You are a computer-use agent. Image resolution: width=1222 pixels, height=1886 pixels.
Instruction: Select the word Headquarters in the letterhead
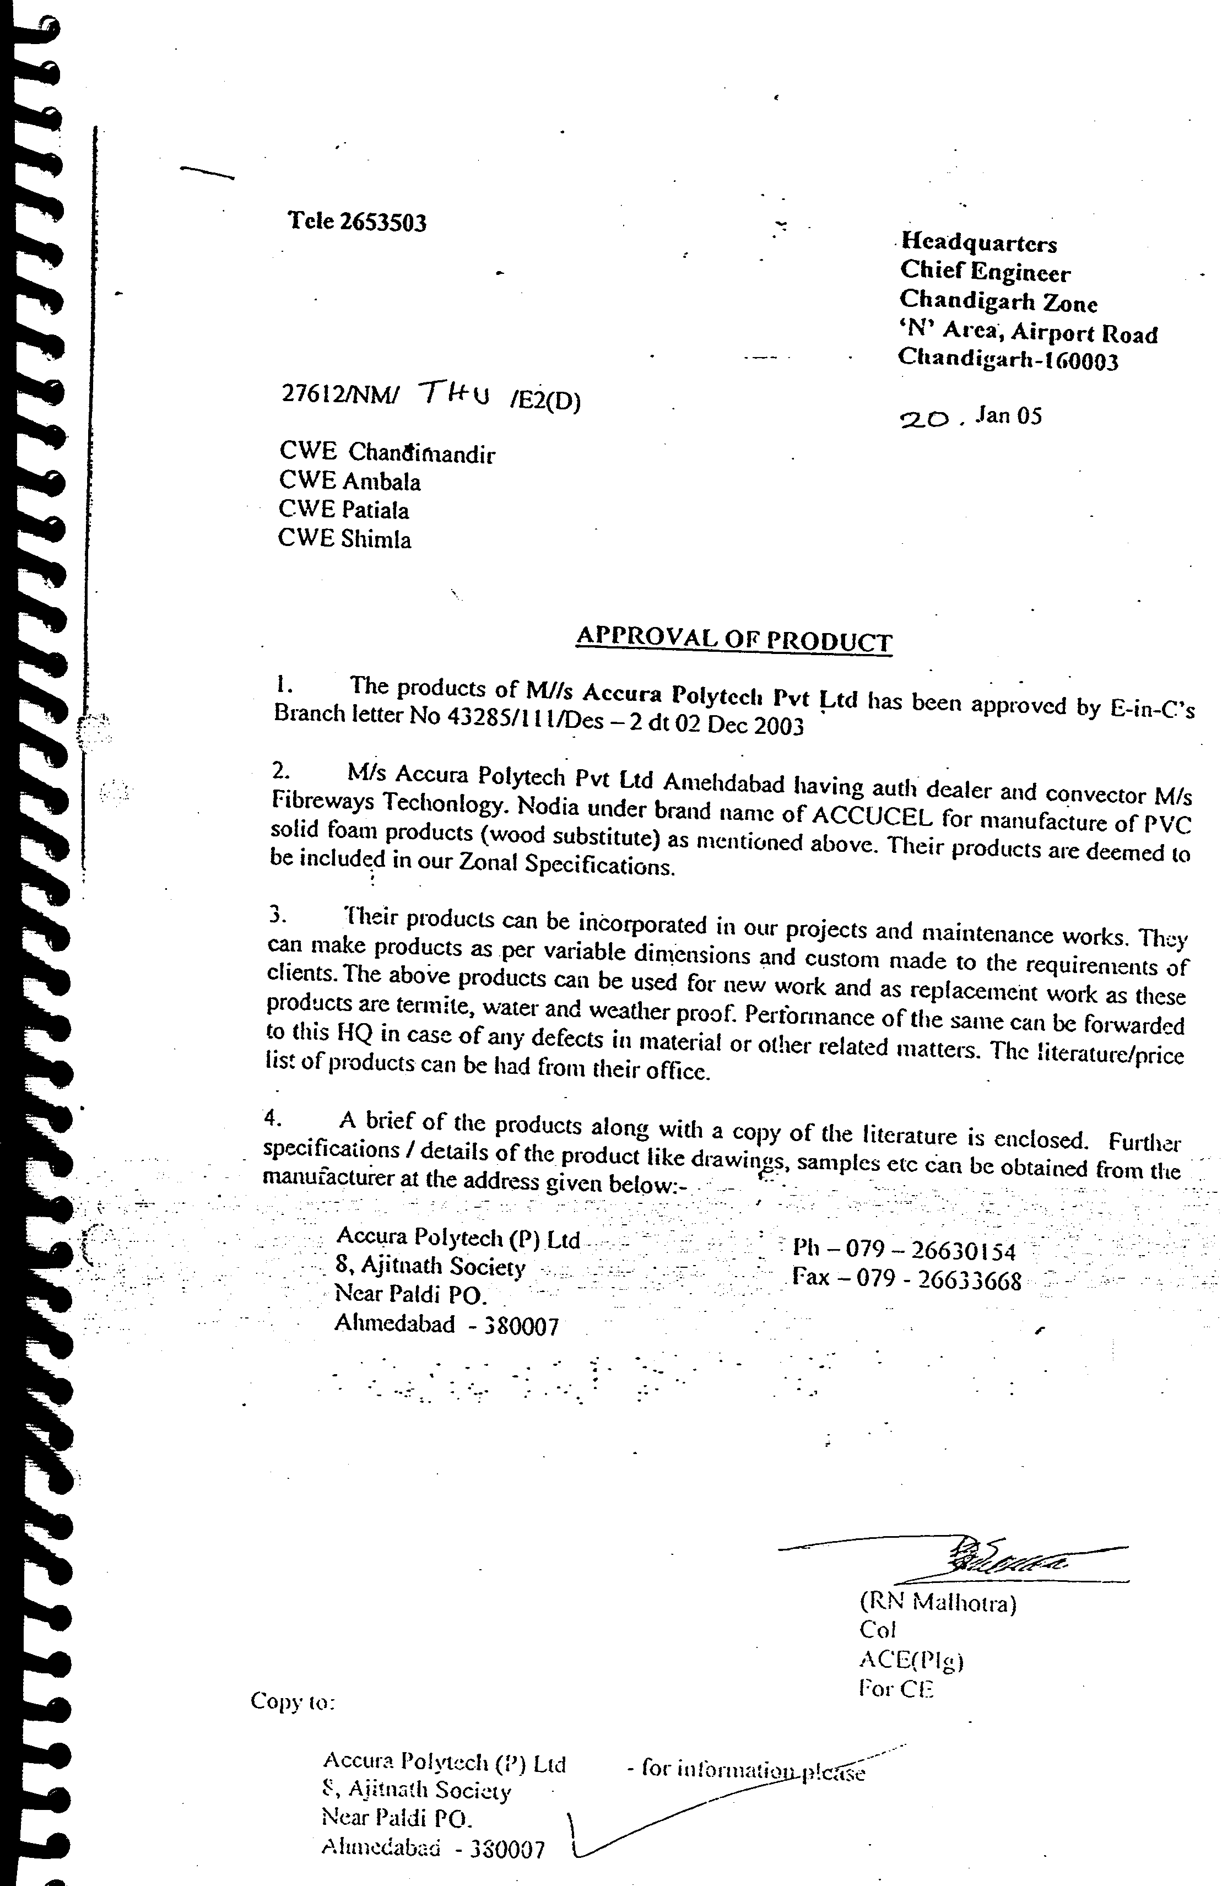[x=978, y=242]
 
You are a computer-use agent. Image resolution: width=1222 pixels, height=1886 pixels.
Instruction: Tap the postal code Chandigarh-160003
[x=1008, y=360]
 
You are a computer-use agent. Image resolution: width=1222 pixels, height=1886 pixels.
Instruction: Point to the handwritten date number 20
[x=924, y=419]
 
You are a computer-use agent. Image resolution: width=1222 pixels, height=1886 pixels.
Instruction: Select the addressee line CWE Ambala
[x=349, y=482]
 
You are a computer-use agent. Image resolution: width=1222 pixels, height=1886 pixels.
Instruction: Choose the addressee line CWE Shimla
[x=345, y=539]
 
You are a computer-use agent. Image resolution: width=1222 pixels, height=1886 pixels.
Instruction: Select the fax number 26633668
[x=969, y=1280]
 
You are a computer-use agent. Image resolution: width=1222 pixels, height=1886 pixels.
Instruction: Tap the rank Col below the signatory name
[x=877, y=1629]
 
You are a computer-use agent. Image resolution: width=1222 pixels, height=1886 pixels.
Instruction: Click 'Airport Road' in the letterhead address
[x=1083, y=333]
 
